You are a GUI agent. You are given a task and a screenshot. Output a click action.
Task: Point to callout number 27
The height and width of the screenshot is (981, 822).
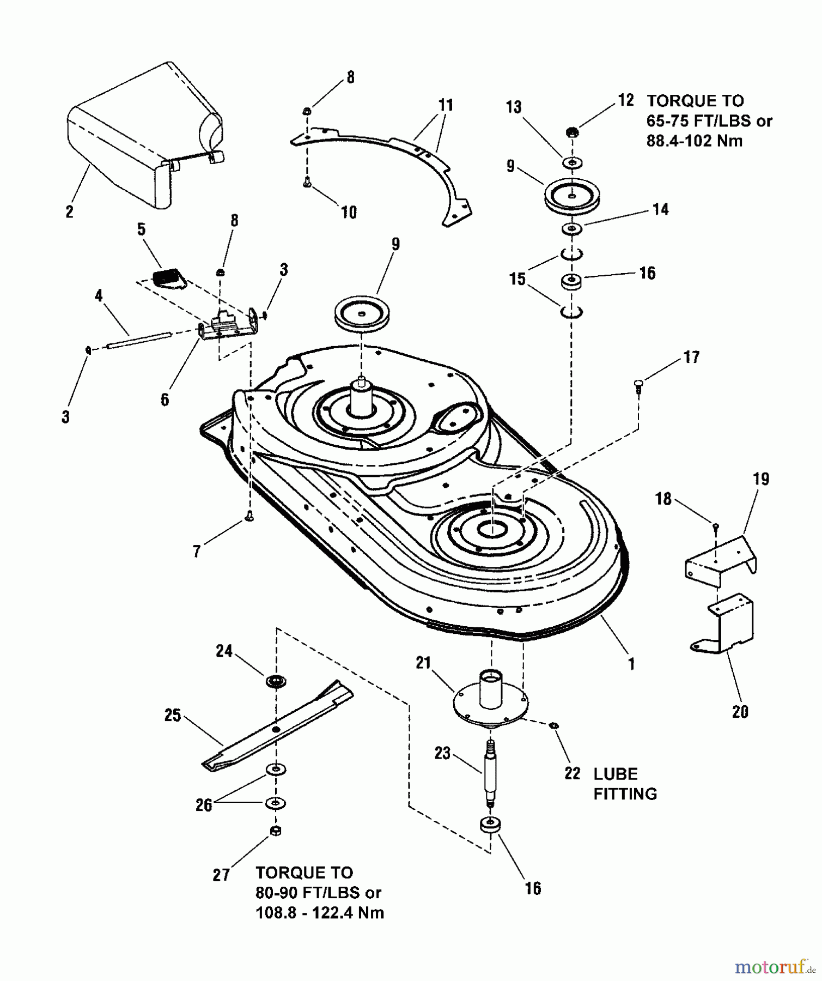pyautogui.click(x=221, y=875)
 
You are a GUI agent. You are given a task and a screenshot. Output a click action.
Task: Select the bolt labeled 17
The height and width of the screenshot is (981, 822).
pyautogui.click(x=638, y=384)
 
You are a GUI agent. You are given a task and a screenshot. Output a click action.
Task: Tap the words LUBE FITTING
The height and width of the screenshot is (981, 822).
pyautogui.click(x=625, y=784)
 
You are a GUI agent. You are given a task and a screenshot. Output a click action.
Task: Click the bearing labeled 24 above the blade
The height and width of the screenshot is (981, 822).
pyautogui.click(x=277, y=681)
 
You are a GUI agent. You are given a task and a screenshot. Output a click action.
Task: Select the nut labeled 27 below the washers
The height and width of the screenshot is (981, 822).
pyautogui.click(x=276, y=830)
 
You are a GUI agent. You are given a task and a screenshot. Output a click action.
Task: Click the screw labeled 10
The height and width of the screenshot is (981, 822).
pyautogui.click(x=307, y=185)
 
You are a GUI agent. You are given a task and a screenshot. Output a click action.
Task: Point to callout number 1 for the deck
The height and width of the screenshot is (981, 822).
pyautogui.click(x=631, y=664)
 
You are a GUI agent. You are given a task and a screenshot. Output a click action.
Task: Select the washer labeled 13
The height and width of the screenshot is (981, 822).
pyautogui.click(x=571, y=162)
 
